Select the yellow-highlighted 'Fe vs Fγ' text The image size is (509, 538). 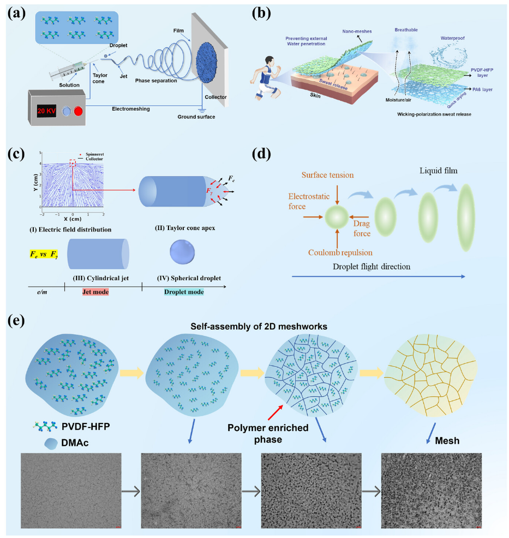point(44,254)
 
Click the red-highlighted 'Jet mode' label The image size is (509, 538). point(89,292)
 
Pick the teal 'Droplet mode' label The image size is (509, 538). point(184,292)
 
